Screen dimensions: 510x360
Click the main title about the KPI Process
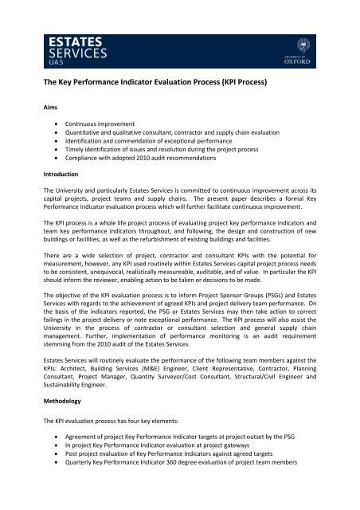(x=170, y=82)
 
